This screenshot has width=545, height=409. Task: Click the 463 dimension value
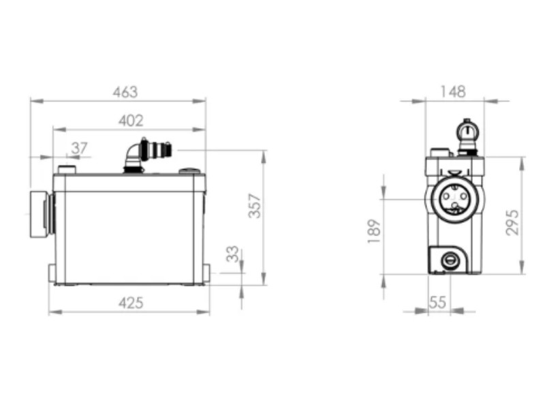(x=125, y=92)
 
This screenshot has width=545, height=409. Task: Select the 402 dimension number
(x=131, y=121)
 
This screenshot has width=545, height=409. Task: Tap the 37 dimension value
(x=79, y=148)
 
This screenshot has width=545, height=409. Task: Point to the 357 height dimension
(x=255, y=206)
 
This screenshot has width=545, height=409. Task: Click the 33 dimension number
(x=232, y=254)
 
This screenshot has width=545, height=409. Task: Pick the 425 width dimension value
(x=131, y=303)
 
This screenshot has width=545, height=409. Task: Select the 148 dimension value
(x=453, y=92)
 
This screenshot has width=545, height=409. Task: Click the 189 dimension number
(x=374, y=231)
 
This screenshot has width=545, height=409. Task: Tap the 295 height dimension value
(x=512, y=223)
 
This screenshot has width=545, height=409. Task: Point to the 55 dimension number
(x=437, y=302)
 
